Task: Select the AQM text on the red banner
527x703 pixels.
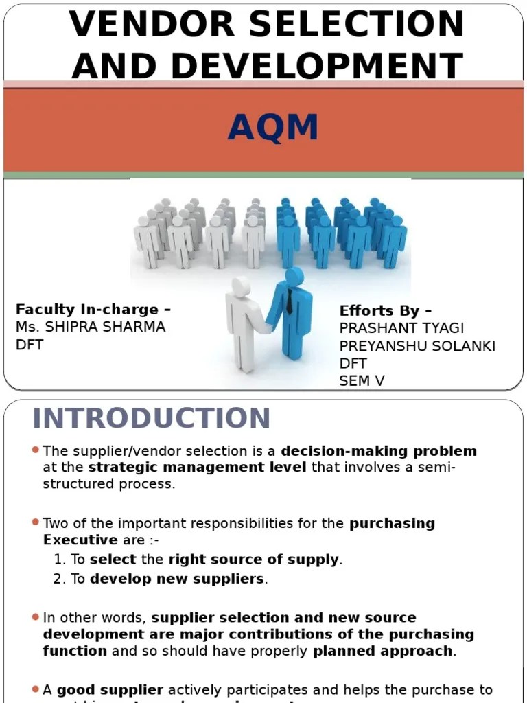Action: point(273,128)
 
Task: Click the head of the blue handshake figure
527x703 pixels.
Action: point(294,277)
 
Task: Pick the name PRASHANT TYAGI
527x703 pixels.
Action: point(401,328)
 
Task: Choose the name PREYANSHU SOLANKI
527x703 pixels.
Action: point(417,345)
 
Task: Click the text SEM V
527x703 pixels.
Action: point(362,381)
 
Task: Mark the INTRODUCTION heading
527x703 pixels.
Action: point(152,418)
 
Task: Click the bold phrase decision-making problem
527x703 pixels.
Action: point(379,451)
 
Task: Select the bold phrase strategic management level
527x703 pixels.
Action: point(198,468)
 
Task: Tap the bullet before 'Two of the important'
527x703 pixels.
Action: point(35,522)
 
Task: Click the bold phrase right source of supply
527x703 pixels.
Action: point(253,560)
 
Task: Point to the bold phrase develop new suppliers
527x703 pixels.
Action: point(177,579)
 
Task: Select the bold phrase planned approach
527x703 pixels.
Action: point(383,650)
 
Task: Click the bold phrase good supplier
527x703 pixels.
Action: point(110,689)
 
